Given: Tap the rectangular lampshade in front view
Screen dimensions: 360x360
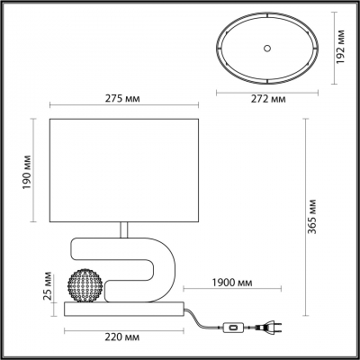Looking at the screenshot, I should point(124,167).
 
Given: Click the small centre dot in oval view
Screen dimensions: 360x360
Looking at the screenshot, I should point(267,47).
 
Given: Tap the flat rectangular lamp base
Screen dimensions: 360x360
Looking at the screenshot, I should point(124,310).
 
